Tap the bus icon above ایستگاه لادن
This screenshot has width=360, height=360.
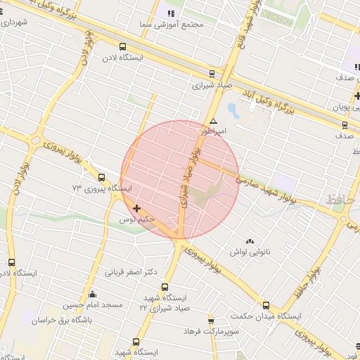124,47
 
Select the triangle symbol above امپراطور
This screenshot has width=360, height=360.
213,121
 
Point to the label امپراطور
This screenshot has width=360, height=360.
213,131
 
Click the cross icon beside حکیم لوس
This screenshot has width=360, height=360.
136,208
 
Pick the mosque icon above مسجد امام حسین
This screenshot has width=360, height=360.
92,294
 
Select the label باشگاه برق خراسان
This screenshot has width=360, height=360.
61,319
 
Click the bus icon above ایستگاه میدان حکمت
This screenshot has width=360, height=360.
266,305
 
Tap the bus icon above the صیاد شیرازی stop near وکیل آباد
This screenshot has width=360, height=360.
212,73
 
